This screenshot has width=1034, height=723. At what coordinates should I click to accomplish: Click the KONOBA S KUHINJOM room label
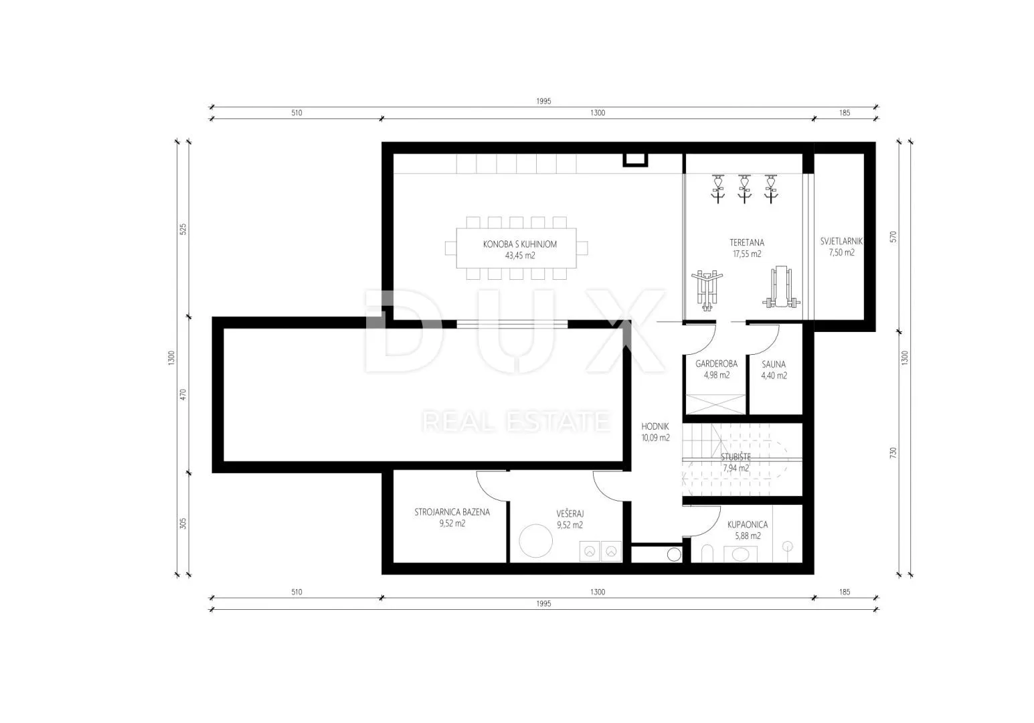(520, 244)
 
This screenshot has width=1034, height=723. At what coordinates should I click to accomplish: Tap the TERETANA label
(746, 242)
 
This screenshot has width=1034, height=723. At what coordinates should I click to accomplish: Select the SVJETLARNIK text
(841, 241)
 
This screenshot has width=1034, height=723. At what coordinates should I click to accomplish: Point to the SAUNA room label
(774, 364)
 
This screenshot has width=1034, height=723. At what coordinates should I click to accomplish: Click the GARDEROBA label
(716, 364)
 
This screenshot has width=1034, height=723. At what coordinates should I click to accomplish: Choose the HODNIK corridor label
(655, 426)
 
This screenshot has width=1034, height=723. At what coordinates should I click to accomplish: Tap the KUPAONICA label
(748, 524)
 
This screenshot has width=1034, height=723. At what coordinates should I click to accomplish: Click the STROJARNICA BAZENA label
(452, 512)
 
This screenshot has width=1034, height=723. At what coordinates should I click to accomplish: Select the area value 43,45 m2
(520, 255)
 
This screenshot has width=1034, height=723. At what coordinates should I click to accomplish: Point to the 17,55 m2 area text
(747, 254)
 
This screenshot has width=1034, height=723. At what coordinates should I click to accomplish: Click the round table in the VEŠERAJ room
(535, 541)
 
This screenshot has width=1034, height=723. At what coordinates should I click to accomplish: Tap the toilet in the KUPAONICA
(707, 554)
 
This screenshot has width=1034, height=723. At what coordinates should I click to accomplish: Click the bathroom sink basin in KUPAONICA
(740, 554)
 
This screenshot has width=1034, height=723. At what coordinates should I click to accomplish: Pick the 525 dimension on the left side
(183, 230)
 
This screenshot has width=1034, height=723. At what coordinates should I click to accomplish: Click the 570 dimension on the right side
(893, 237)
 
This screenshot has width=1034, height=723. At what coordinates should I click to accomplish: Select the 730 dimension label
(893, 453)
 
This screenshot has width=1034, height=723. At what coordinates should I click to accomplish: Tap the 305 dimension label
(183, 523)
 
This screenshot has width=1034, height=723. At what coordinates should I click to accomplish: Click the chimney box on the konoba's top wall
(635, 160)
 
